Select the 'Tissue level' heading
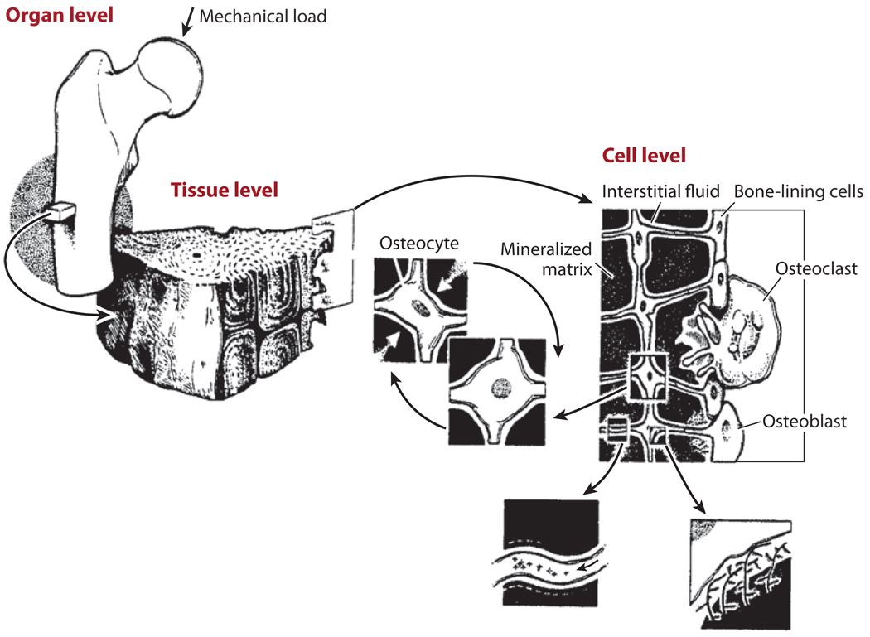224,189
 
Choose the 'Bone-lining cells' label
799,191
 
